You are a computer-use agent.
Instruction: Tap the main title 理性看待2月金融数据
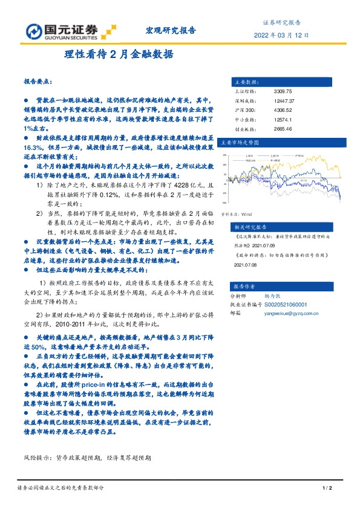tap(119, 54)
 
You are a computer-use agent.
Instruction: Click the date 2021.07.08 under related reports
tap(244, 264)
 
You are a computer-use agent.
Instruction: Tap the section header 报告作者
tap(245, 285)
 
